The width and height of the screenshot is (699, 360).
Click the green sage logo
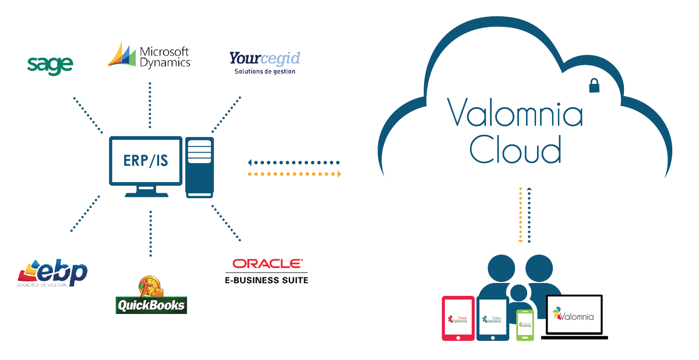click(50, 63)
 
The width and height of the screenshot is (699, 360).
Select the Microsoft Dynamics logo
click(150, 55)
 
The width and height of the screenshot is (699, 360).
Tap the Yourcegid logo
click(264, 62)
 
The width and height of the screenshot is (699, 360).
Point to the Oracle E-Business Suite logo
click(266, 271)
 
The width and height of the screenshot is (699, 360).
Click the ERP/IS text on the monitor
click(146, 160)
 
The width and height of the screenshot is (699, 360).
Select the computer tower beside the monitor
click(199, 167)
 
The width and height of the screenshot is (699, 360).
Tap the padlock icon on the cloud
click(594, 86)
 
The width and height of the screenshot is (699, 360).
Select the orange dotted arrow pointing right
click(294, 174)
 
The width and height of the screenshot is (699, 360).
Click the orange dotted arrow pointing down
click(520, 216)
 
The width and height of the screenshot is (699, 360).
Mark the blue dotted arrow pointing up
click(529, 216)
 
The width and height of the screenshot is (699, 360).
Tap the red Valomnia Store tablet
click(457, 318)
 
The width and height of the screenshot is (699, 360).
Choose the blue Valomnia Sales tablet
click(492, 319)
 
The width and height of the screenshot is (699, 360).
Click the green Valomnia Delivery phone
click(525, 324)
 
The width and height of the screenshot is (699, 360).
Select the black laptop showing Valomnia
click(574, 317)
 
